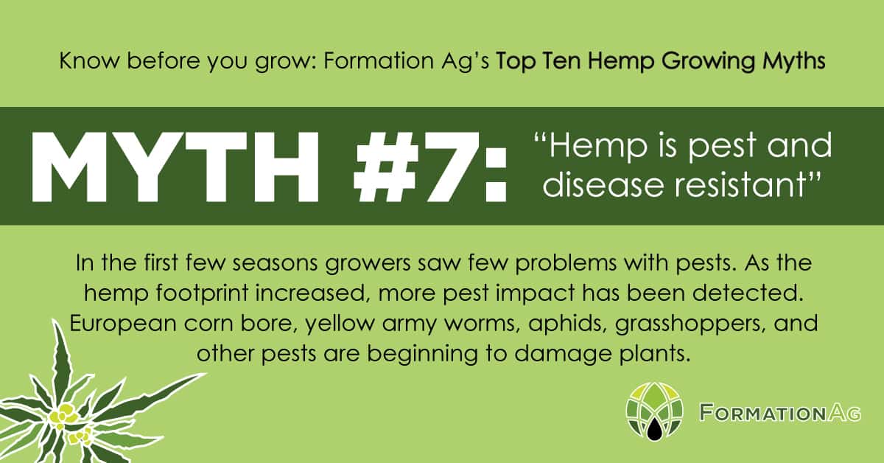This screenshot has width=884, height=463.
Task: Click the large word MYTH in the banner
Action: point(175,167)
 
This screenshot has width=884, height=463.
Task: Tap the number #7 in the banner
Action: point(416,167)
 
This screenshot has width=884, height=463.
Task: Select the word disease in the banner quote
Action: point(603,185)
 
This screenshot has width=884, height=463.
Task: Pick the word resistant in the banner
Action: point(741,185)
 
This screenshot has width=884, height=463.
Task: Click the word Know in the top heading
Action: point(89,61)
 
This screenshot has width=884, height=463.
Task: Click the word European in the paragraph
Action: point(123,324)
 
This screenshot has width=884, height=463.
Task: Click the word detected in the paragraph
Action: point(748,293)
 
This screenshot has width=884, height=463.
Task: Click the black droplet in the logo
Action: point(654,428)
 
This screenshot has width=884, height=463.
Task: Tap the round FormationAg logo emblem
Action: point(654,411)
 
